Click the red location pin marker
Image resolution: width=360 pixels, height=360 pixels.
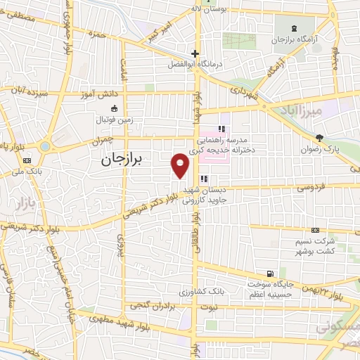(181, 165)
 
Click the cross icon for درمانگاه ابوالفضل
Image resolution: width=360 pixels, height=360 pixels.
(195, 53)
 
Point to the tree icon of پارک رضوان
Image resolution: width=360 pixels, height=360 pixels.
(319, 137)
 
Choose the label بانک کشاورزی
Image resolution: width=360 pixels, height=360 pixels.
(202, 290)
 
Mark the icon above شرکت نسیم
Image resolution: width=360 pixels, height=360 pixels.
(314, 230)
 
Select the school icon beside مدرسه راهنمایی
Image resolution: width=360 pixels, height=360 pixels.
(221, 129)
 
